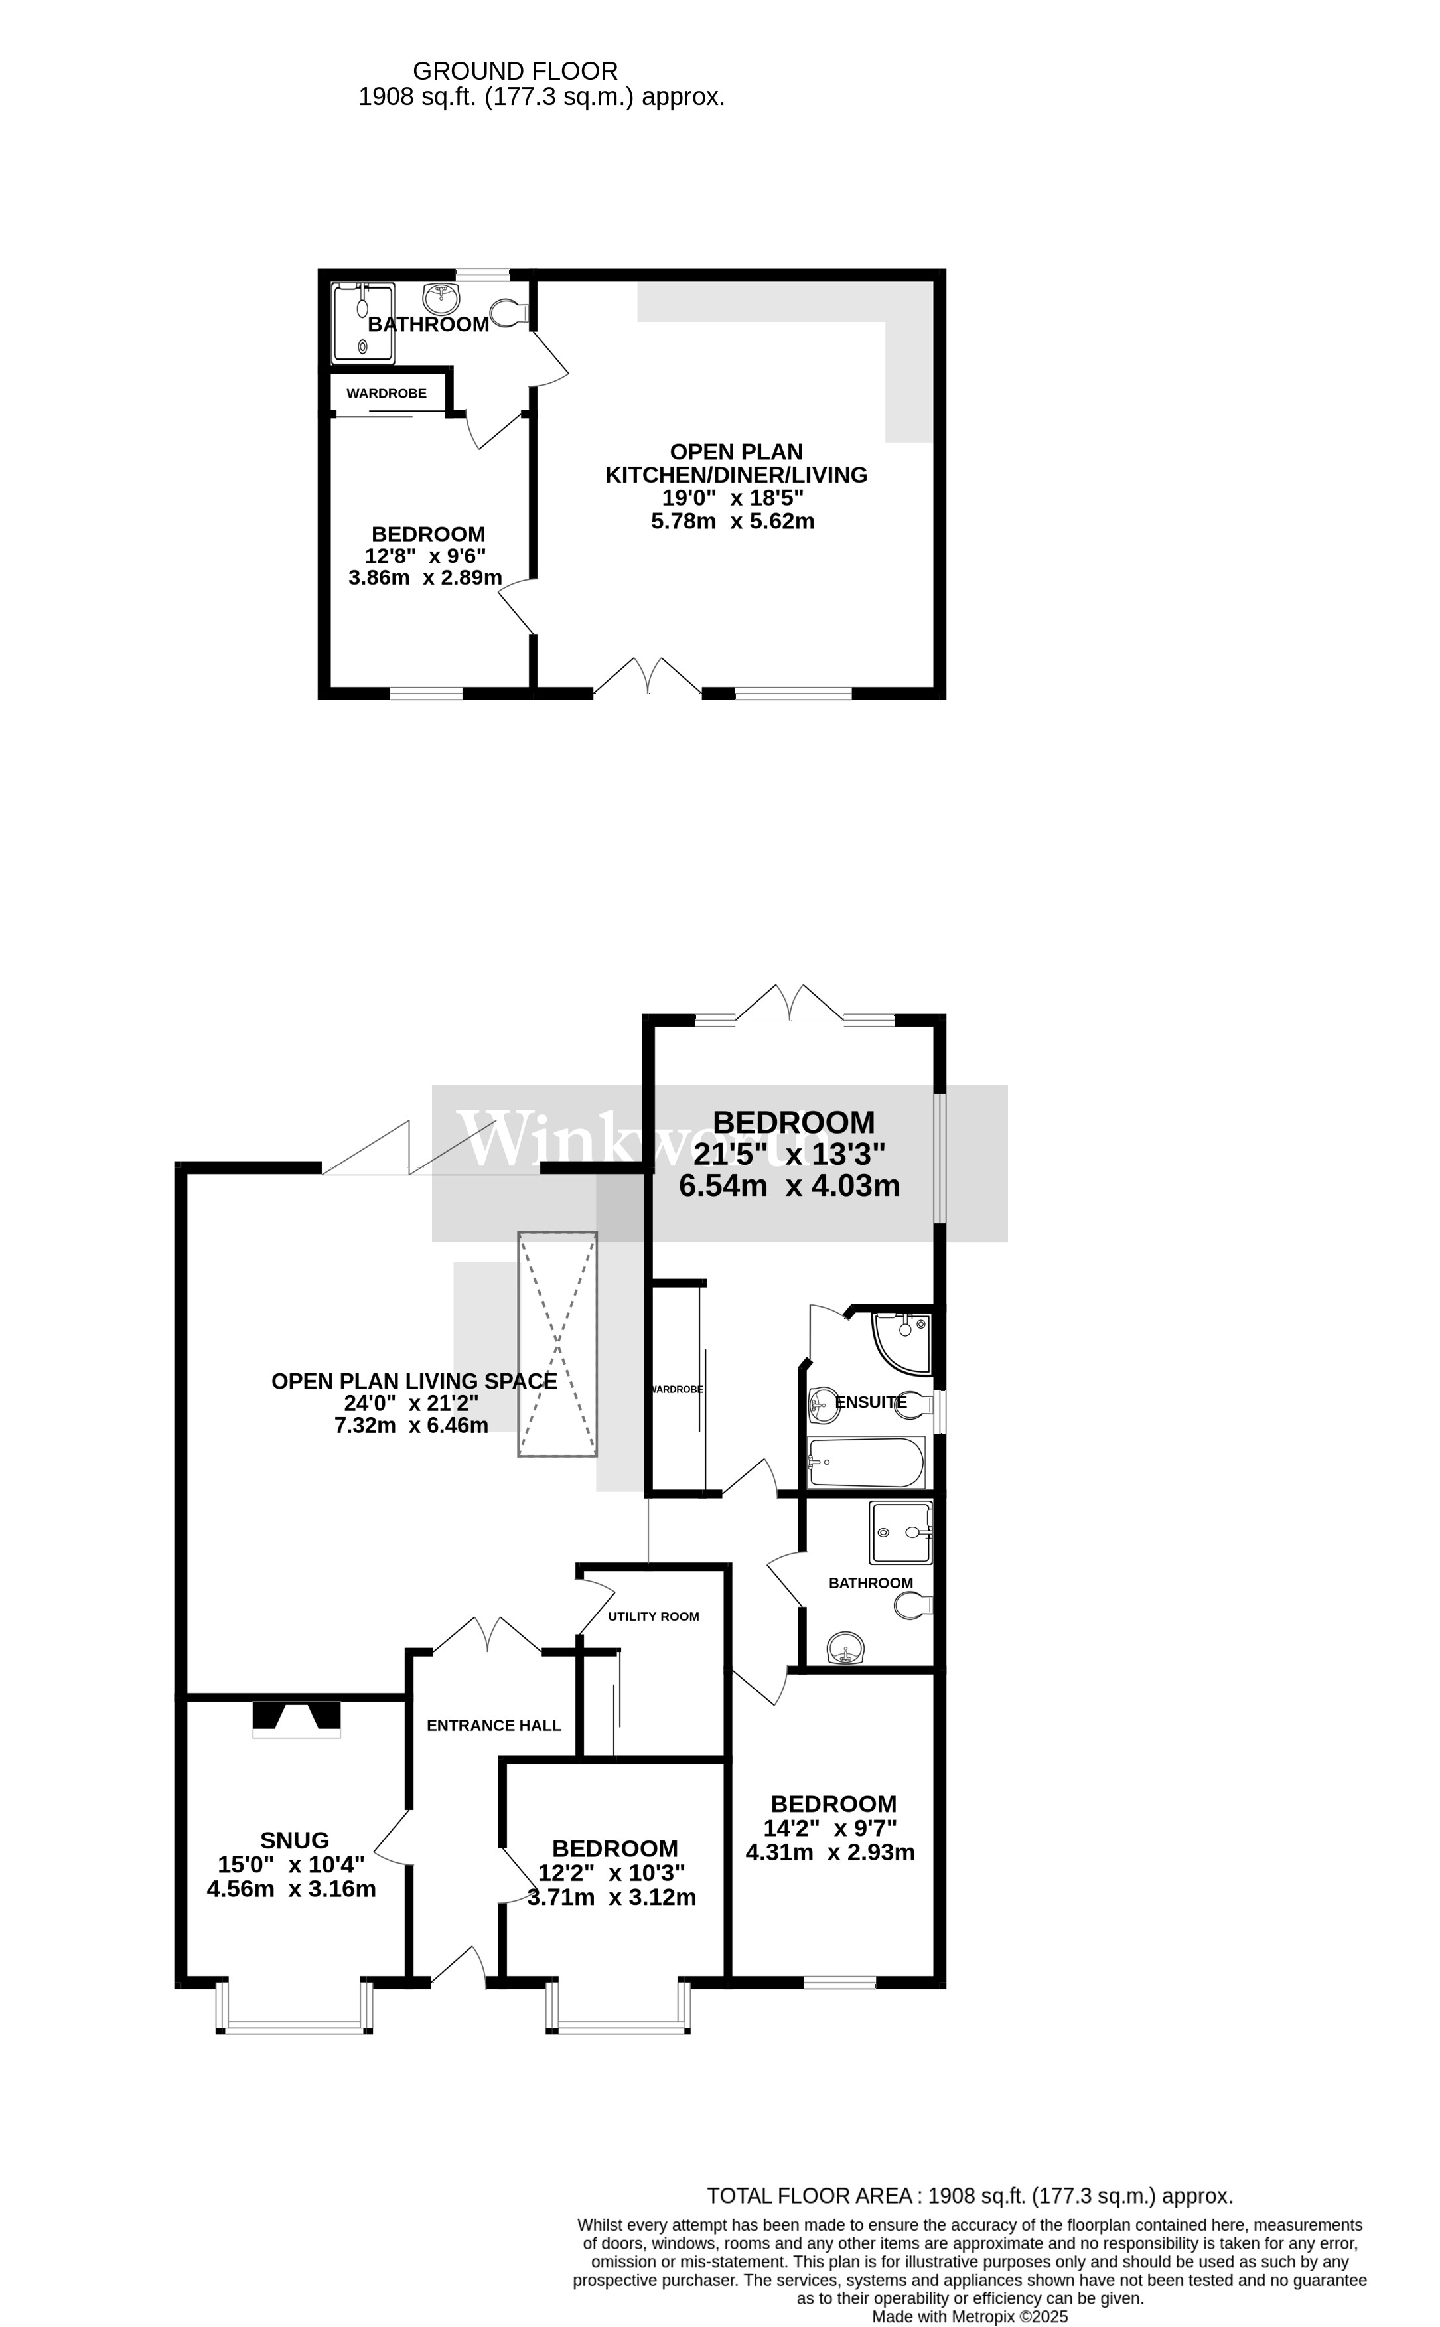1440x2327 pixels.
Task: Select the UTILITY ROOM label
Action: pos(654,1615)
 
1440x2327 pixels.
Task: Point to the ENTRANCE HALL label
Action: pos(493,1725)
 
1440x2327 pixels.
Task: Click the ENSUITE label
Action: pos(871,1402)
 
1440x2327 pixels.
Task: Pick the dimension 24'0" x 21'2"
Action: pos(411,1403)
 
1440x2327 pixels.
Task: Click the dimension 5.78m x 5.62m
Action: pos(738,521)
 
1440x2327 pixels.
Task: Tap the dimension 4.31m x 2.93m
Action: pos(829,1852)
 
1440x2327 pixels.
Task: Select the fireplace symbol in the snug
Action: pos(296,1716)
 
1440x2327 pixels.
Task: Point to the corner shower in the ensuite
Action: pos(900,1341)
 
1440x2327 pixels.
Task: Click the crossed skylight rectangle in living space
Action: pos(557,1343)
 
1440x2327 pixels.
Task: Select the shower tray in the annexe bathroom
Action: pos(363,322)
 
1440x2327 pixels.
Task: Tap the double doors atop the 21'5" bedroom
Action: pos(790,1003)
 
